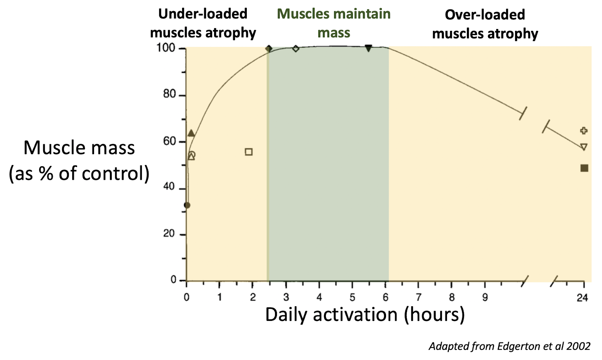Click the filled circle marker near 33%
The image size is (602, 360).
pos(187,205)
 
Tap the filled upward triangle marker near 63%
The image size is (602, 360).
pos(191,133)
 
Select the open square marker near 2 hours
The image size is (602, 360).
pos(248,152)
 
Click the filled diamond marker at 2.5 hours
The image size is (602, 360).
pos(269,49)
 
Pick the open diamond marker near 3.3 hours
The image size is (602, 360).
pos(296,49)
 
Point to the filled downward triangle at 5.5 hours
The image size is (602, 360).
pos(368,48)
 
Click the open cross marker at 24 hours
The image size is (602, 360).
pos(584,131)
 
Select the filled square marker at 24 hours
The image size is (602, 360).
pos(584,168)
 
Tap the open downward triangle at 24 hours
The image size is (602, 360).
pos(584,147)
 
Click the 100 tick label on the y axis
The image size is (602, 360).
pos(166,48)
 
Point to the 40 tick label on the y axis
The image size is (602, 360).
pos(169,187)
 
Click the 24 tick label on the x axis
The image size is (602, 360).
pos(582,298)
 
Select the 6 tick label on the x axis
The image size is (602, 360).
pos(385,298)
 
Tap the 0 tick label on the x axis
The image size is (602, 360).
pos(187,298)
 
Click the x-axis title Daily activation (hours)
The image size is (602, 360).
pos(365,314)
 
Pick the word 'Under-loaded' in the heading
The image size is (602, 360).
pos(203,14)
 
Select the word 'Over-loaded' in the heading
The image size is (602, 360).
pos(485,15)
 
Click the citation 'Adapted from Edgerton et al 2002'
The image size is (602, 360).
pos(509,346)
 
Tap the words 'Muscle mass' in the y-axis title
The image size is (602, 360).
pos(79,147)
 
